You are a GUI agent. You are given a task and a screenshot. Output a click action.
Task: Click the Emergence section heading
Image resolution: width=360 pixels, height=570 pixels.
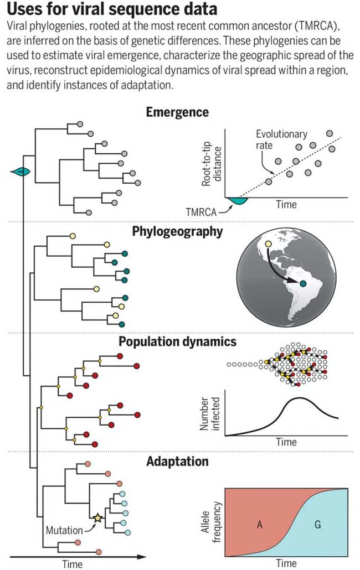point(177,112)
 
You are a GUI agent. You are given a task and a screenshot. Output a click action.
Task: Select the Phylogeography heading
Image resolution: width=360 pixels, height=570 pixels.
point(177,231)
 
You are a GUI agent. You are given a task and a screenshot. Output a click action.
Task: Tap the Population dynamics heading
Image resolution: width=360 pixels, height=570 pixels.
point(177,341)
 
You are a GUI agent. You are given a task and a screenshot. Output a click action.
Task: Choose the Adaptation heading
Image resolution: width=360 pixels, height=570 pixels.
point(177,462)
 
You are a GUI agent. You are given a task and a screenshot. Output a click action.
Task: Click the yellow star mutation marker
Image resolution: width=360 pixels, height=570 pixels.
point(97,517)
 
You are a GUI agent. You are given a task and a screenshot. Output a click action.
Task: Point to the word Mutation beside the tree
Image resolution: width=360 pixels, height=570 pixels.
point(64,530)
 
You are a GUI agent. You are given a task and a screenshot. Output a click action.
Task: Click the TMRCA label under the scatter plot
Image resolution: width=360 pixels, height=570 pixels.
point(201,211)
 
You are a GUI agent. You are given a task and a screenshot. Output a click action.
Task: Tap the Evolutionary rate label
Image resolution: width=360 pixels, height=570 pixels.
point(281,139)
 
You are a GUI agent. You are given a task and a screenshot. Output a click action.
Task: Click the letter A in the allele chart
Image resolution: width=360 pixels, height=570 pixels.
point(259,525)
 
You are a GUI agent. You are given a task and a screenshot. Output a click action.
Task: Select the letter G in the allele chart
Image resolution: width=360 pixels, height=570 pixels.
point(317,525)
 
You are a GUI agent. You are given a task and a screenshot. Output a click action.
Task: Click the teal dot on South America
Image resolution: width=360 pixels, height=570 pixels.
point(303,283)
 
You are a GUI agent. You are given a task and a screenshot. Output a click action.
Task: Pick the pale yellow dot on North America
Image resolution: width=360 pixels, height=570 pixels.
point(268,244)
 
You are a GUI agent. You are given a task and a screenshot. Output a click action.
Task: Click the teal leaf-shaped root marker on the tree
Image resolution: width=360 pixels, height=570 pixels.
point(20,172)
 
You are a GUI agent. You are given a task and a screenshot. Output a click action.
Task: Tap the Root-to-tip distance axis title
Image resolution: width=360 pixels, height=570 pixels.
point(212,167)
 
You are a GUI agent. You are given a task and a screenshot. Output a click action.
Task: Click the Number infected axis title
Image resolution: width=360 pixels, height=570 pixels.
point(210,413)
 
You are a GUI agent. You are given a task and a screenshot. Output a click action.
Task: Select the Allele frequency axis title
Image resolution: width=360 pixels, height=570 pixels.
point(211,522)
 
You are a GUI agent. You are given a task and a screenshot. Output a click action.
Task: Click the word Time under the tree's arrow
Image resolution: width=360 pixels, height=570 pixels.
point(73,564)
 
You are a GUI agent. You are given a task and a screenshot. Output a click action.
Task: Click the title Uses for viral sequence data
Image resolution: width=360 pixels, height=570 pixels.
point(112,9)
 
